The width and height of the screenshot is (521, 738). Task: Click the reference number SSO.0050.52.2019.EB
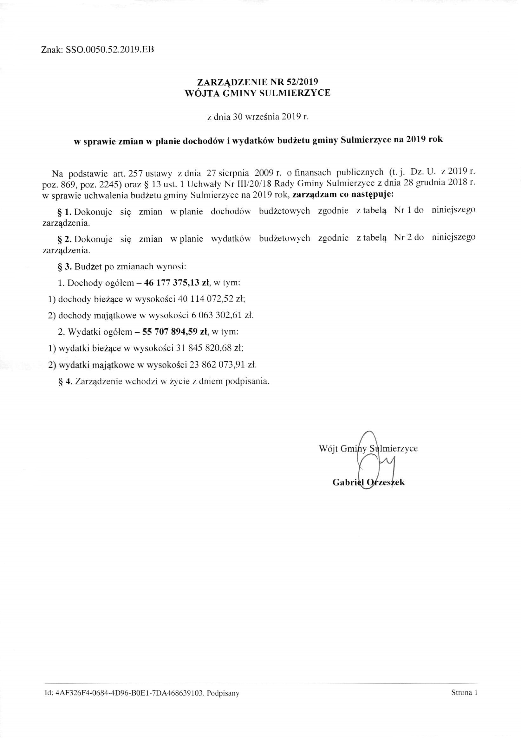(x=110, y=50)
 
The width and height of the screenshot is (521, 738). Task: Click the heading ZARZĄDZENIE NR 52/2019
(x=257, y=82)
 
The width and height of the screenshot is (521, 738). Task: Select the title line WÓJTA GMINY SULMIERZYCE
(x=257, y=93)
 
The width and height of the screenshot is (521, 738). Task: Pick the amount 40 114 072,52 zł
(x=212, y=299)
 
